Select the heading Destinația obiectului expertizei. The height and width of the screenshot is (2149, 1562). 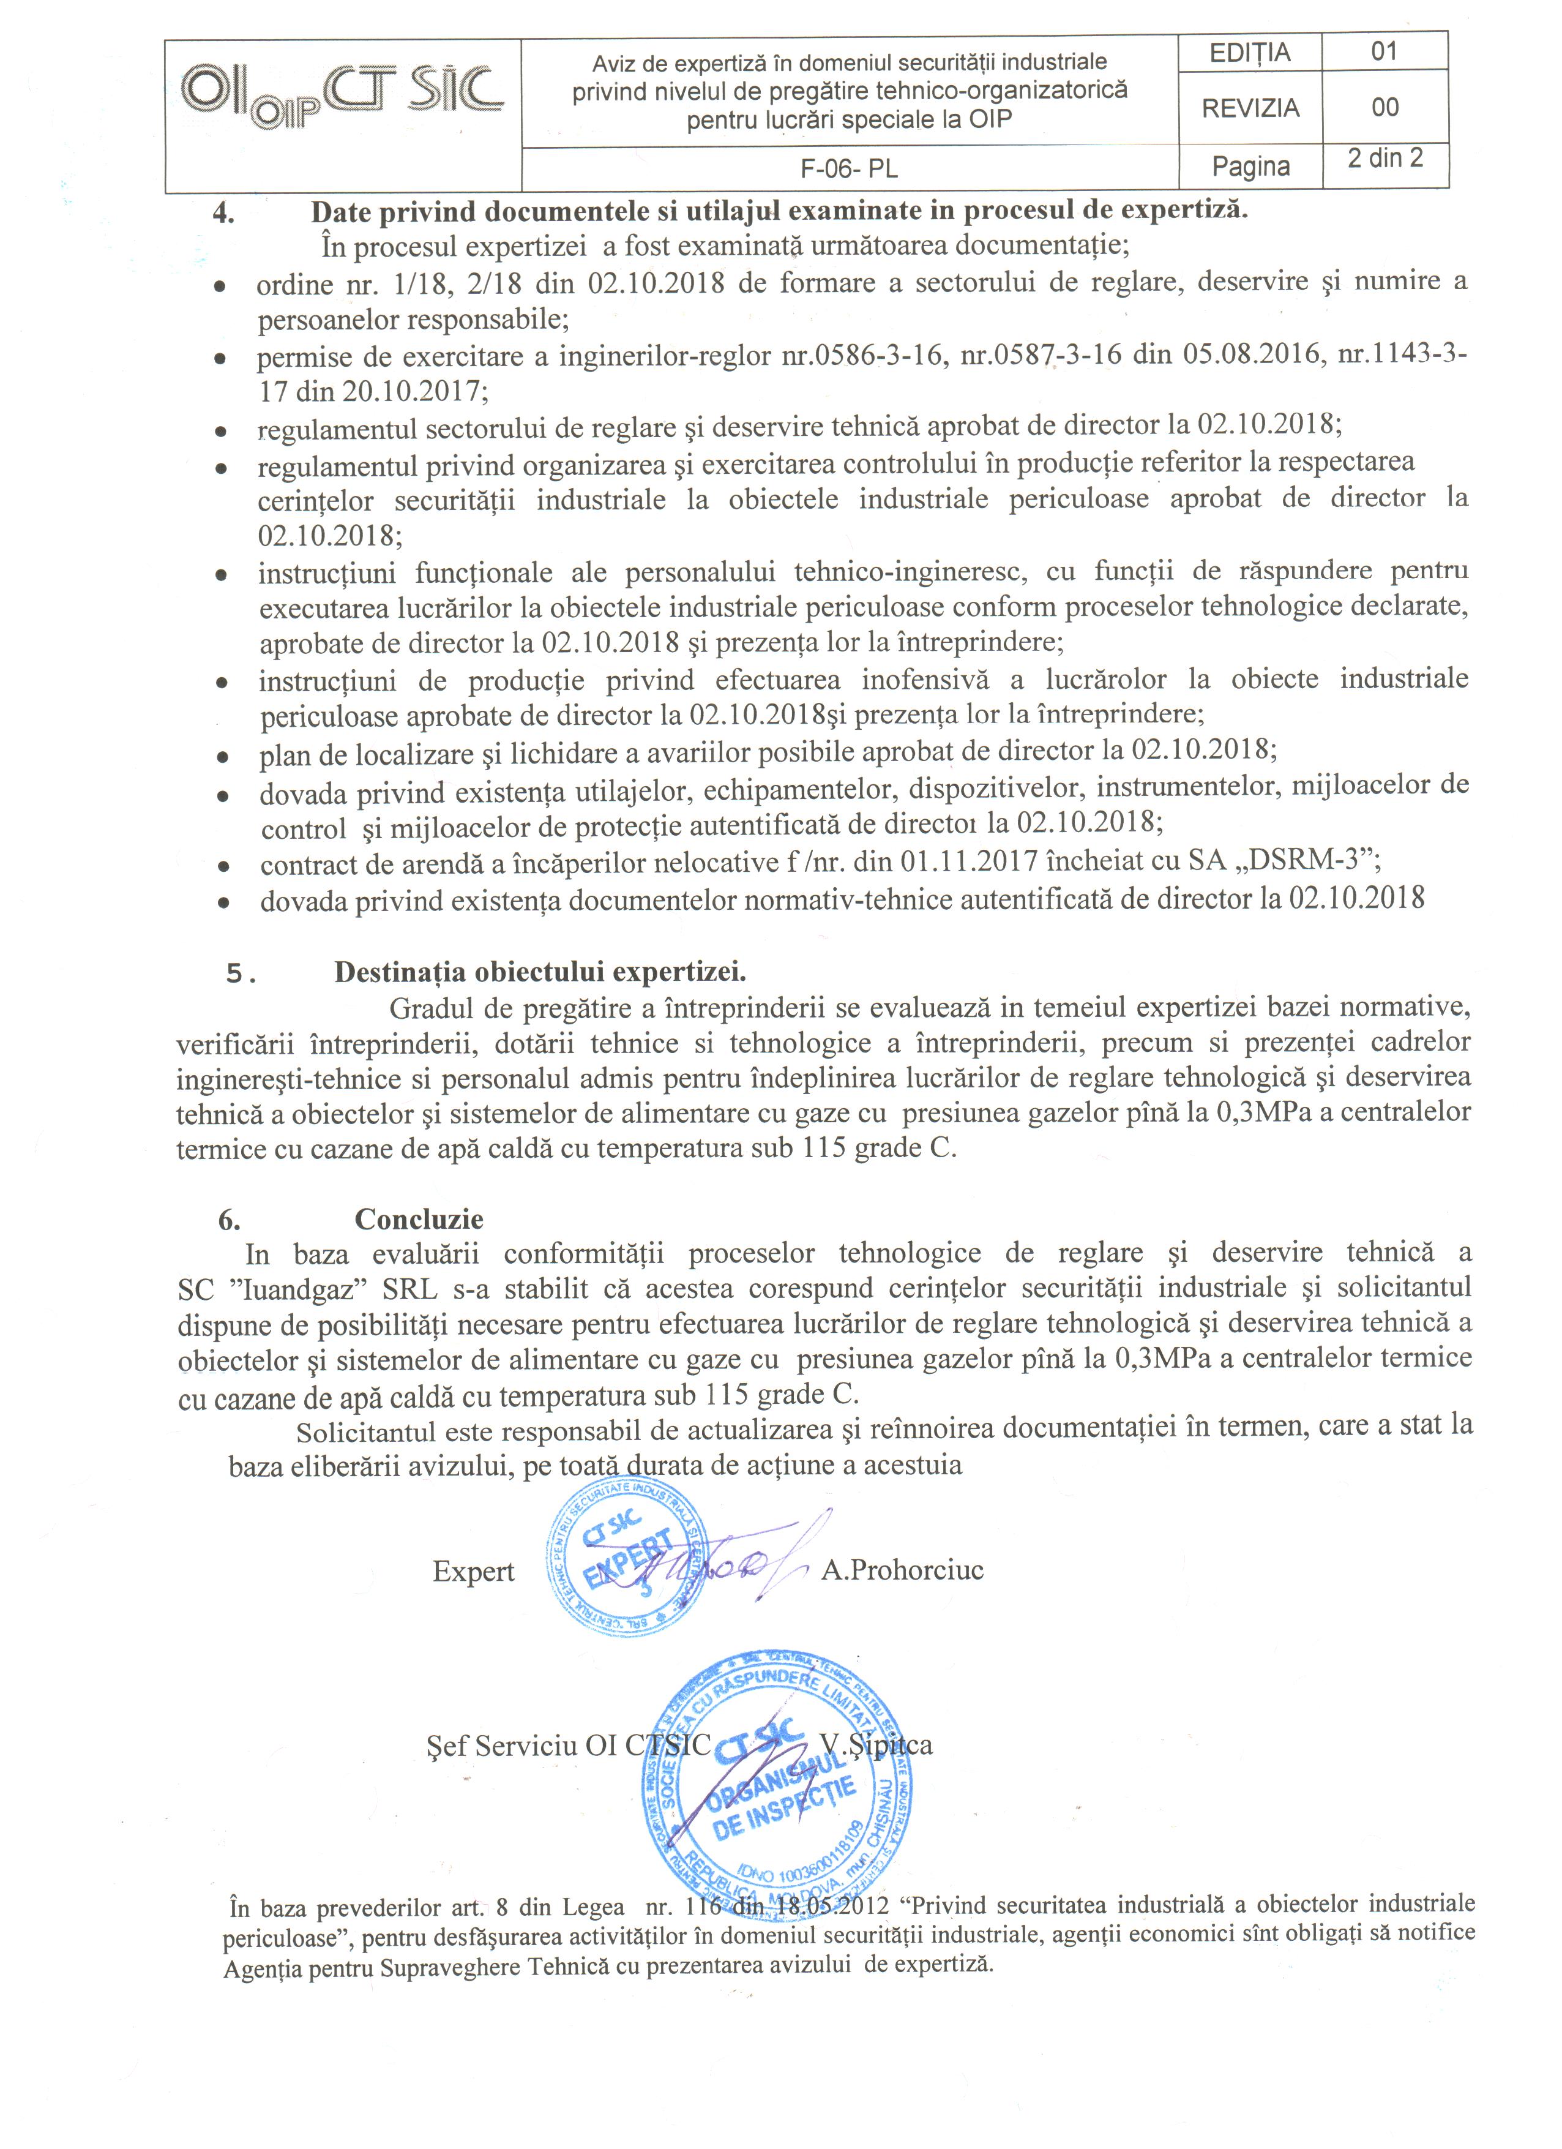(x=540, y=972)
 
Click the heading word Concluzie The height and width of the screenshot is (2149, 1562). (x=419, y=1218)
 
